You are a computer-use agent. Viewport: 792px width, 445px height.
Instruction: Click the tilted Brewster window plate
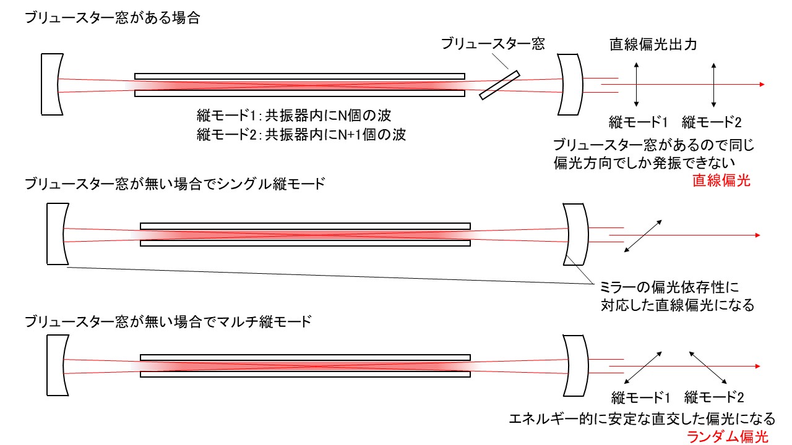coord(499,85)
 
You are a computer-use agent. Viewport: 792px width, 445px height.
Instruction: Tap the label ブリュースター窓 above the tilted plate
coord(493,44)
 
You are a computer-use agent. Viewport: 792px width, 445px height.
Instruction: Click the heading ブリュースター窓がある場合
coord(113,18)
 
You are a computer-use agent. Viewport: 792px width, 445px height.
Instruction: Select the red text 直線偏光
coord(721,180)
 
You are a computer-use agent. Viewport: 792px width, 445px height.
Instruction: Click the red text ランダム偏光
coord(728,437)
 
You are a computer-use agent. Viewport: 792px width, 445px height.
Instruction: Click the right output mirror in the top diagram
coord(570,85)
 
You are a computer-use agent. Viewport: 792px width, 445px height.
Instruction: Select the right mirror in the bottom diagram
coord(575,365)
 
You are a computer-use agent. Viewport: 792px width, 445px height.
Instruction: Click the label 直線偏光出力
coord(653,44)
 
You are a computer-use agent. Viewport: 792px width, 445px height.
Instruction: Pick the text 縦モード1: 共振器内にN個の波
coord(294,115)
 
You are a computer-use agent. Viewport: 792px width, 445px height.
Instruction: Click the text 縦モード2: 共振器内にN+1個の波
coord(301,135)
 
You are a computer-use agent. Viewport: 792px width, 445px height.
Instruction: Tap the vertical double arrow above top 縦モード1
coord(637,85)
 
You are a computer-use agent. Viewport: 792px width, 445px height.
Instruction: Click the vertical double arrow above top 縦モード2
coord(714,85)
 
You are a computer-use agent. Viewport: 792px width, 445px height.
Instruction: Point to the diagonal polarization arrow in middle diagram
coord(643,236)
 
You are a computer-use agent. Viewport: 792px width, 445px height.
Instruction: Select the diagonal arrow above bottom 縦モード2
coord(708,368)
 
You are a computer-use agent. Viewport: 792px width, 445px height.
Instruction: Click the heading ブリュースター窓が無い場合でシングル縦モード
coord(175,184)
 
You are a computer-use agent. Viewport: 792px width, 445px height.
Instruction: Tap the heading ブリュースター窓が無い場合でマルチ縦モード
coord(168,321)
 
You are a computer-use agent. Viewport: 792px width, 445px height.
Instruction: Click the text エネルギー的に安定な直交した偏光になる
coord(642,419)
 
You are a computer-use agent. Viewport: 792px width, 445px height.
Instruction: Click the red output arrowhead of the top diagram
coord(762,85)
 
